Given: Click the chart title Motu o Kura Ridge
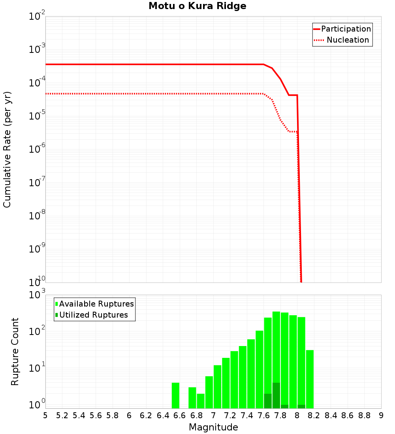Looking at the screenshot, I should click(x=197, y=6).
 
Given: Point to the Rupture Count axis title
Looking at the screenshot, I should click(x=15, y=351).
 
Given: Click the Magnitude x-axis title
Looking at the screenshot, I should click(x=213, y=427).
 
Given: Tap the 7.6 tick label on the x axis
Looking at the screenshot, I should click(x=263, y=415).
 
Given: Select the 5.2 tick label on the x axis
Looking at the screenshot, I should click(x=62, y=415).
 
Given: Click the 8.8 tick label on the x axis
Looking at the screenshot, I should click(x=364, y=415).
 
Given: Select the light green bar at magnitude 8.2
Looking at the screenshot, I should click(x=310, y=379).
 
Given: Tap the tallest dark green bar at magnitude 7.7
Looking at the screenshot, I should click(x=276, y=395).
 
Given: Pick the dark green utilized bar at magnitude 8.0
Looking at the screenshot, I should click(x=301, y=406).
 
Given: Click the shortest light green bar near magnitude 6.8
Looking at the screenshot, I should click(x=201, y=401).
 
